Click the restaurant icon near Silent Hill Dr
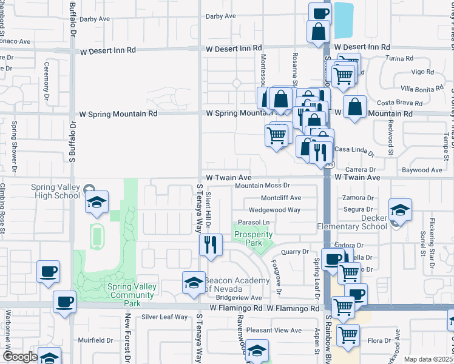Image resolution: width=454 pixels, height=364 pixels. tap(211, 245)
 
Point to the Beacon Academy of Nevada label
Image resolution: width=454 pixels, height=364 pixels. tap(237, 284)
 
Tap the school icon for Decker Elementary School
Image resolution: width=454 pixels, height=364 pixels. tap(400, 211)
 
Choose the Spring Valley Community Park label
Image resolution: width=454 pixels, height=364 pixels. tap(132, 294)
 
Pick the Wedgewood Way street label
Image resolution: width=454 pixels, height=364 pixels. tap(274, 210)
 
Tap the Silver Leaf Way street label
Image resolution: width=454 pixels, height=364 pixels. tap(164, 317)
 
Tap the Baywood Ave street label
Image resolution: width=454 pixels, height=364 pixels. tap(418, 170)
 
